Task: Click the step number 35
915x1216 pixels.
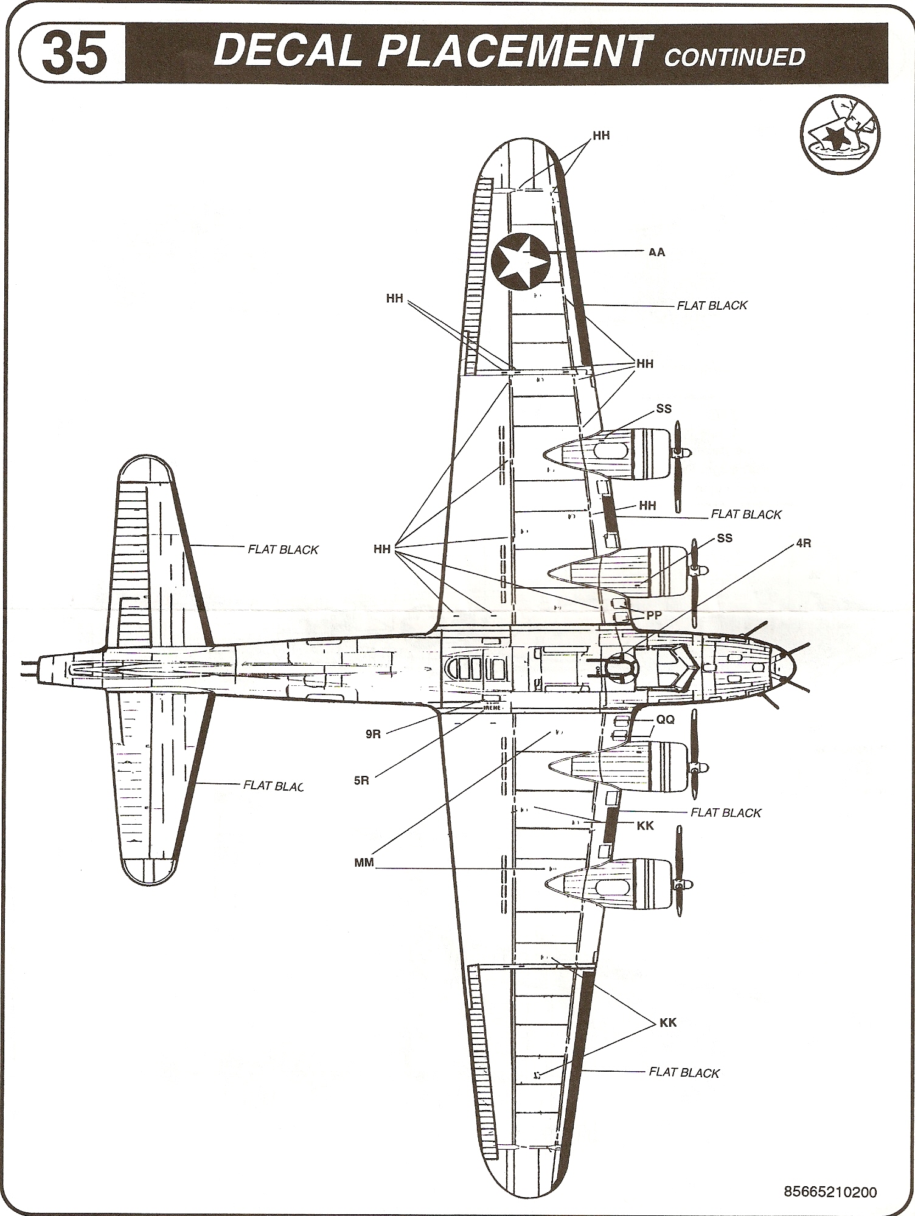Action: pyautogui.click(x=75, y=54)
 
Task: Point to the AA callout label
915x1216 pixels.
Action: pyautogui.click(x=657, y=252)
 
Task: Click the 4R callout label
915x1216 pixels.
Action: pyautogui.click(x=803, y=543)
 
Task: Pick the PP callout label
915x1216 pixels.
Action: pyautogui.click(x=653, y=615)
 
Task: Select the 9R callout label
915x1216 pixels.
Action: pyautogui.click(x=373, y=734)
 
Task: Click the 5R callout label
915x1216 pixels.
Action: pyautogui.click(x=361, y=780)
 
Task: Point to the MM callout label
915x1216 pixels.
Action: pyautogui.click(x=364, y=863)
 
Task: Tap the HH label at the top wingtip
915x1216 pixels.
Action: pyautogui.click(x=601, y=136)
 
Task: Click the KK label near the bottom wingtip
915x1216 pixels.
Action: pyautogui.click(x=668, y=1022)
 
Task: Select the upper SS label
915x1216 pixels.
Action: pyautogui.click(x=664, y=408)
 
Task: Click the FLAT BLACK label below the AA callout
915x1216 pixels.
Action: pyautogui.click(x=712, y=306)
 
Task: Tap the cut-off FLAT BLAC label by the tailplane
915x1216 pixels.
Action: pyautogui.click(x=273, y=785)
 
